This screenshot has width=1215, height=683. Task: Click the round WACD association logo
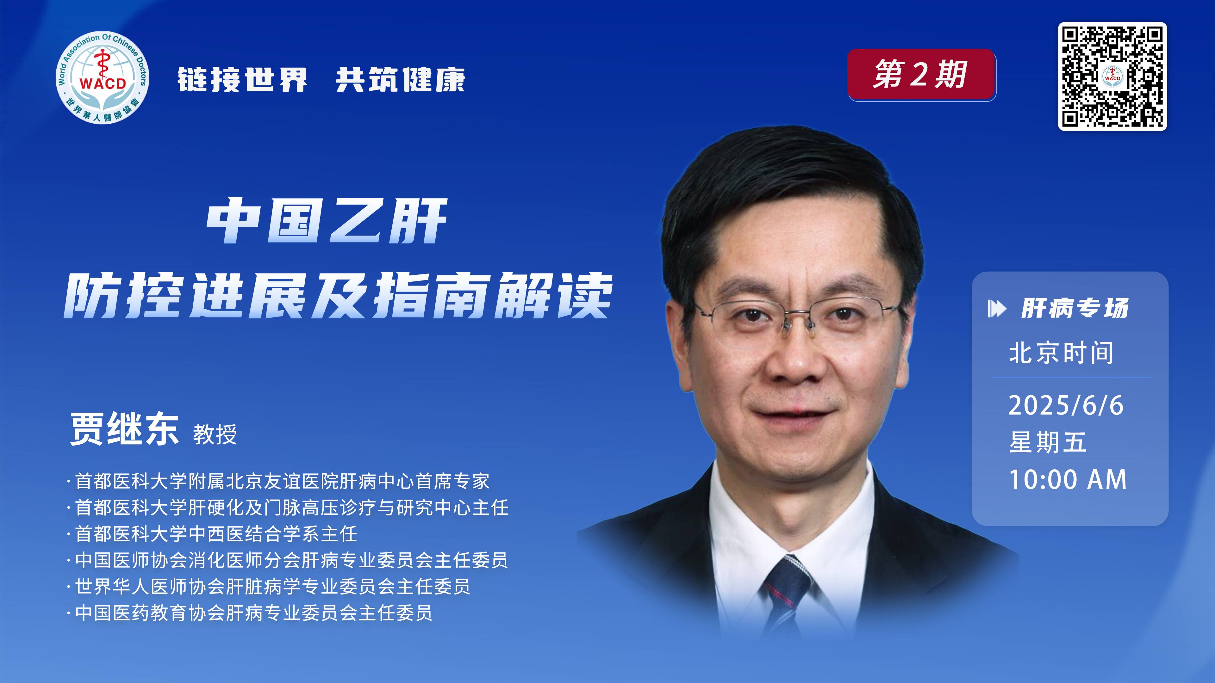click(102, 78)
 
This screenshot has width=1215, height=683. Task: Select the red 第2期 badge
click(922, 75)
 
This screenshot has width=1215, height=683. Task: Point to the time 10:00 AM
click(1067, 480)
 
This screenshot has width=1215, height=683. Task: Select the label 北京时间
click(1061, 353)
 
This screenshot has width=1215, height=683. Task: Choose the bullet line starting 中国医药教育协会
click(250, 613)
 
